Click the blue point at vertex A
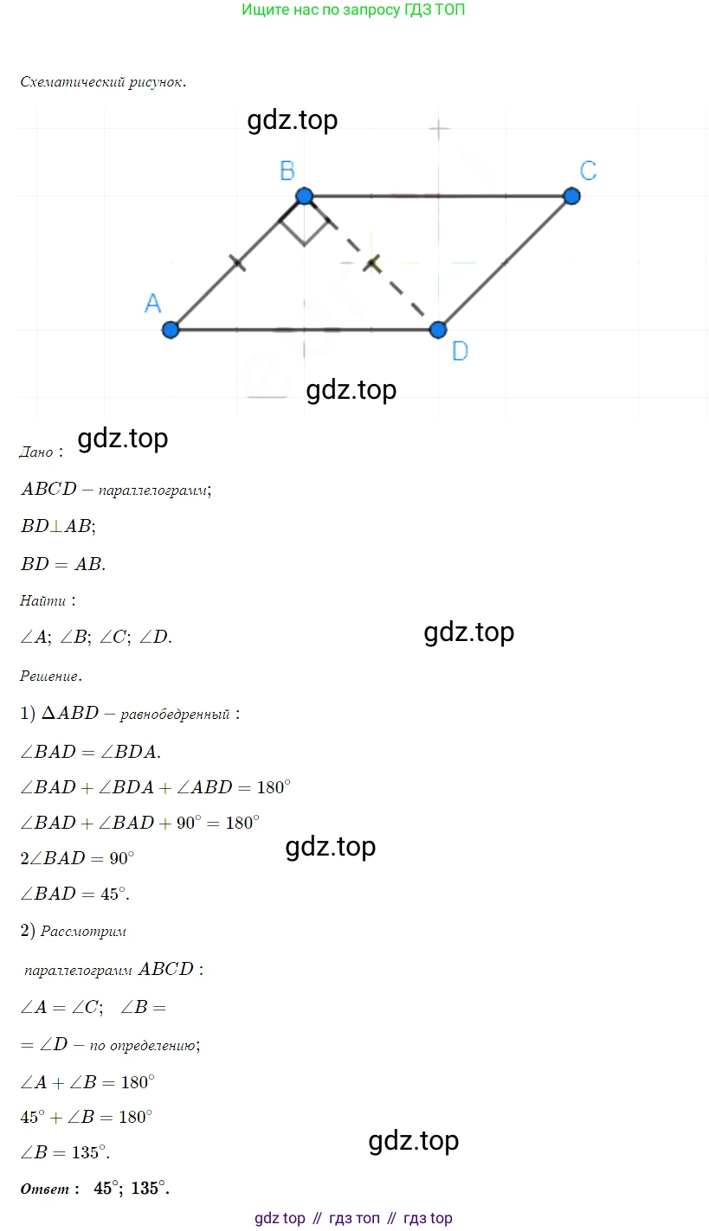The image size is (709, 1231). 171,330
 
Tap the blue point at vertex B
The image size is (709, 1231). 304,196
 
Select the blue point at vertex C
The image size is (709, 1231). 570,196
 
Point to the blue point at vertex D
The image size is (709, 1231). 438,330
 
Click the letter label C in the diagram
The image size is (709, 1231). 588,170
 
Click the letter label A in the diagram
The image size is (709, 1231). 152,303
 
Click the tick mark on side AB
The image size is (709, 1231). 236,263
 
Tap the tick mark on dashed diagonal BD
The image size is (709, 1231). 371,263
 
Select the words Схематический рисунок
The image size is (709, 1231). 102,83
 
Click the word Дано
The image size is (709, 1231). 36,452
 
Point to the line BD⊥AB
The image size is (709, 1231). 58,526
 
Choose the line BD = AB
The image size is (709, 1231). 62,564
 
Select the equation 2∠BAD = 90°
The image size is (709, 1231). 77,859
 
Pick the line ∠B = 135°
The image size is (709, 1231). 65,1152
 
